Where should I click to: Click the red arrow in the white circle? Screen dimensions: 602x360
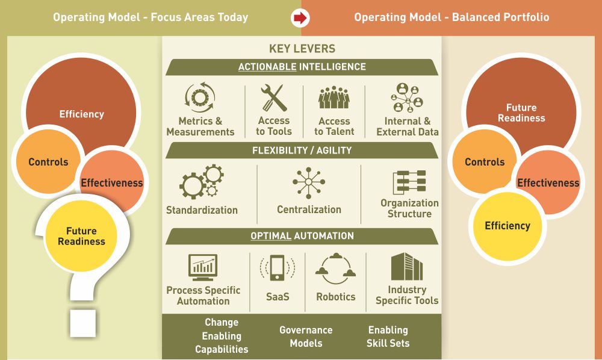coord(300,17)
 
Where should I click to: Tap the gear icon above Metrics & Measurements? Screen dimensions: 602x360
coord(200,97)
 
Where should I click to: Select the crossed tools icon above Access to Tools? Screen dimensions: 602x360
coord(274,98)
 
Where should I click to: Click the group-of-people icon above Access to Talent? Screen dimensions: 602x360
coord(334,98)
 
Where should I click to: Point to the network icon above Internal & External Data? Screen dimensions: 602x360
coord(407,98)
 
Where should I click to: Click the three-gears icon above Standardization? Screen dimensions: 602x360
coord(202,182)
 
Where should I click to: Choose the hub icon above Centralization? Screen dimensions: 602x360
coord(309,182)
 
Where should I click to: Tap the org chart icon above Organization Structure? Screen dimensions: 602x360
coord(409,182)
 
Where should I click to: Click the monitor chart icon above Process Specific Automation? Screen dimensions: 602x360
coord(203,267)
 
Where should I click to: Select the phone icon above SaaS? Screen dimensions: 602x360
coord(277,267)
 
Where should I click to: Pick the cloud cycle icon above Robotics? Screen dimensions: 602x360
coord(335,268)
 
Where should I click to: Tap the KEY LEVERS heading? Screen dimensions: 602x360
coord(302,49)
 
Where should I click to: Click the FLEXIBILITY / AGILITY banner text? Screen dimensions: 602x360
coord(302,151)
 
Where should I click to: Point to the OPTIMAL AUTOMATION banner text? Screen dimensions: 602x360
coord(302,235)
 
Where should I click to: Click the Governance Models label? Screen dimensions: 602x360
coord(306,337)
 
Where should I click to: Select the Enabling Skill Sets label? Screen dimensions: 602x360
coord(388,337)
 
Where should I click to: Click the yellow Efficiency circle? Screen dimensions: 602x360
coord(507,226)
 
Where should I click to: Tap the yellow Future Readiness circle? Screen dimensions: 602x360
coord(81,236)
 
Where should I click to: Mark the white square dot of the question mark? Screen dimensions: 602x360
coord(83,323)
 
